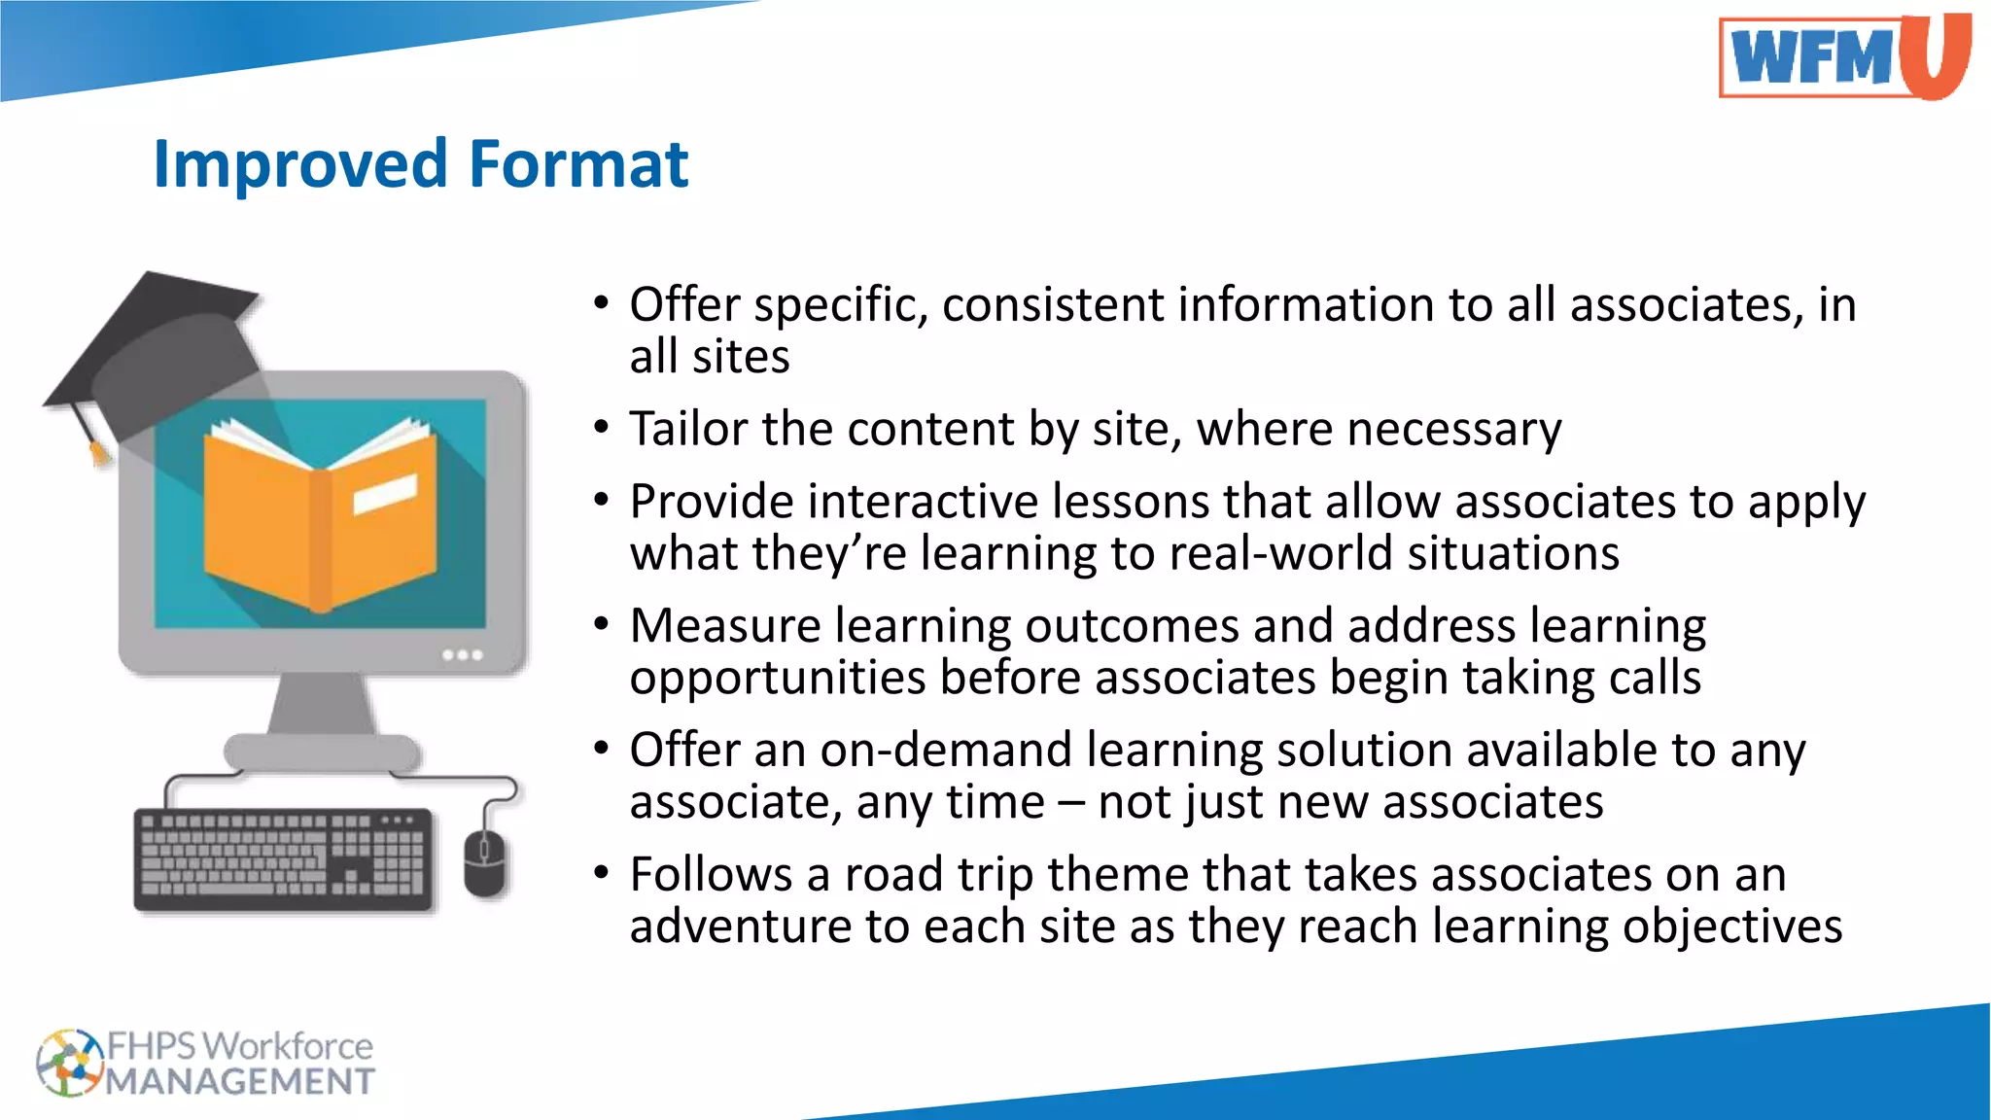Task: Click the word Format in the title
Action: click(x=578, y=163)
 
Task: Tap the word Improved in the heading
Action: click(x=303, y=165)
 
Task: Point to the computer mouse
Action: click(x=485, y=862)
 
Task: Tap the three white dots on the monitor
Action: click(x=463, y=654)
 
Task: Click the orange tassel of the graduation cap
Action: click(x=97, y=452)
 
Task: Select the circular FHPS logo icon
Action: click(x=68, y=1063)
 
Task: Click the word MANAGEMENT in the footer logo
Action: click(x=240, y=1081)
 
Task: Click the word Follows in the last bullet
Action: click(x=711, y=874)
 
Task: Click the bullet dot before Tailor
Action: click(x=602, y=428)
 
